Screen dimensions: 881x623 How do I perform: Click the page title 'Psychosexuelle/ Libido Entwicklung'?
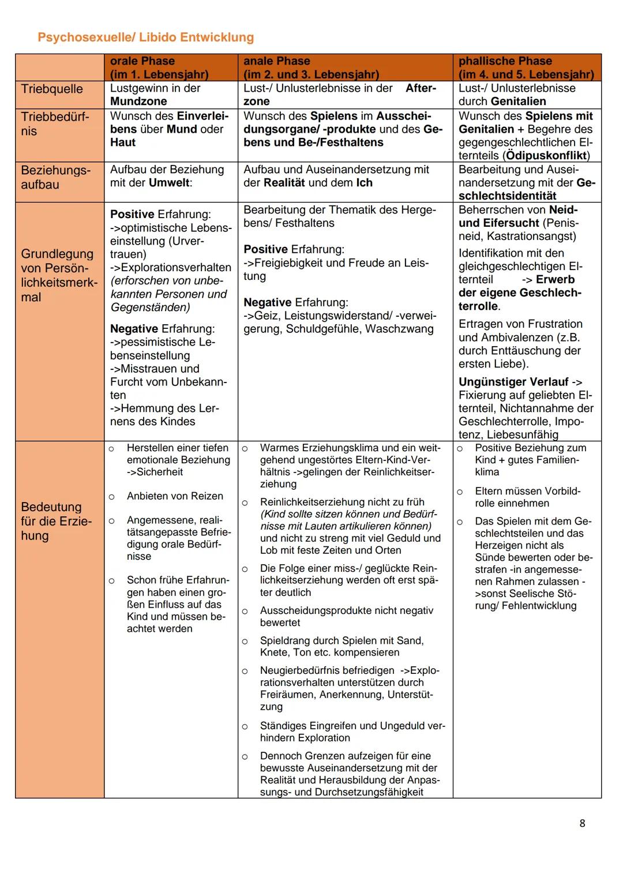point(145,38)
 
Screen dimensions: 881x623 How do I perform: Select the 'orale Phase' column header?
point(142,61)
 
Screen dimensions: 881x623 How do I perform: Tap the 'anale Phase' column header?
point(277,61)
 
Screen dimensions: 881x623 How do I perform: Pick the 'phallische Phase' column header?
point(505,61)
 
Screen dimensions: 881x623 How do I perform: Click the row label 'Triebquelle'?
point(52,89)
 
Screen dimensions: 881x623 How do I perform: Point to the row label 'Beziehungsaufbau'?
point(55,177)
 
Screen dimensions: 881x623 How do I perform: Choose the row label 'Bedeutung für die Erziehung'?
point(56,521)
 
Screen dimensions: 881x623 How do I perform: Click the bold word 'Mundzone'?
point(138,102)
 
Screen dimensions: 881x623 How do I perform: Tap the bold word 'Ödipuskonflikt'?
point(546,156)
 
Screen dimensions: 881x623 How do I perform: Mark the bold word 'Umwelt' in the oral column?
point(169,183)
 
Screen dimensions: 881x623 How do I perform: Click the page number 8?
point(582,823)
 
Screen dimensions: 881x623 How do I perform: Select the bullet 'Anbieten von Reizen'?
point(175,496)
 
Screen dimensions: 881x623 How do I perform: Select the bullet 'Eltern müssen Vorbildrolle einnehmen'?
point(527,497)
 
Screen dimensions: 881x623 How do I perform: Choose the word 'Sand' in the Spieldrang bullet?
point(410,640)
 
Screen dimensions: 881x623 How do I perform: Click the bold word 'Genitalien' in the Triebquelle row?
point(518,102)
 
